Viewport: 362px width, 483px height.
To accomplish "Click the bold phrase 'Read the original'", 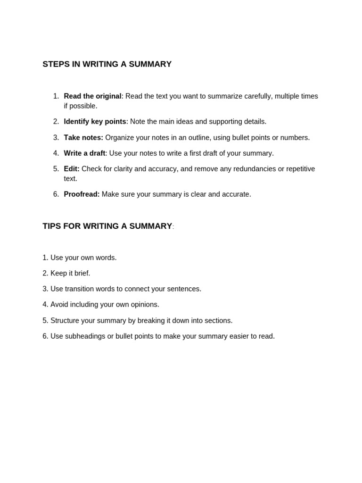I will pyautogui.click(x=92, y=96).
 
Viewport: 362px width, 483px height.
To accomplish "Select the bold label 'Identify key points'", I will pyautogui.click(x=95, y=122).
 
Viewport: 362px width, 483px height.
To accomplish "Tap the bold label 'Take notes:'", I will pyautogui.click(x=83, y=138).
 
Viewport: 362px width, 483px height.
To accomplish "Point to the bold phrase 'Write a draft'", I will pyautogui.click(x=84, y=153).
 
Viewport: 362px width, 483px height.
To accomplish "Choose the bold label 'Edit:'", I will pyautogui.click(x=72, y=169).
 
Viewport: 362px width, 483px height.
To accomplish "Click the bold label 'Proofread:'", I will pyautogui.click(x=82, y=194).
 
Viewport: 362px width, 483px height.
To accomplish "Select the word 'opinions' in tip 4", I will pyautogui.click(x=145, y=305).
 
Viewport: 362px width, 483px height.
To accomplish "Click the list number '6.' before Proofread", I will pyautogui.click(x=56, y=194).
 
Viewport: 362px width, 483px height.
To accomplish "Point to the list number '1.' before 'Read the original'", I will pyautogui.click(x=56, y=96).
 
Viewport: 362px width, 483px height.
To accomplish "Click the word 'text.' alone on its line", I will pyautogui.click(x=71, y=179).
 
